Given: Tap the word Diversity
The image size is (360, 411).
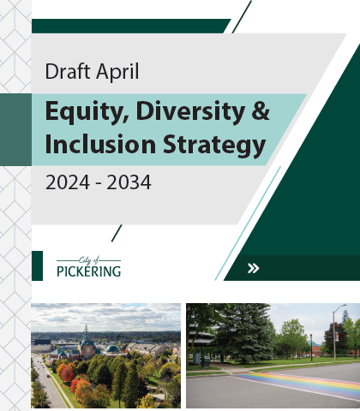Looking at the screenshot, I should [x=179, y=110].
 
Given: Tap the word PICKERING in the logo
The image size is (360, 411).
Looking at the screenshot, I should [x=88, y=272].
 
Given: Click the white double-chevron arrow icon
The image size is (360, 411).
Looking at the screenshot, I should [x=253, y=268].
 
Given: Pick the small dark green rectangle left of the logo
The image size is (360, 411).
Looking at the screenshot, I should [x=37, y=265].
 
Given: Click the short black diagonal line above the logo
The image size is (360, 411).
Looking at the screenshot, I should [x=117, y=232].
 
